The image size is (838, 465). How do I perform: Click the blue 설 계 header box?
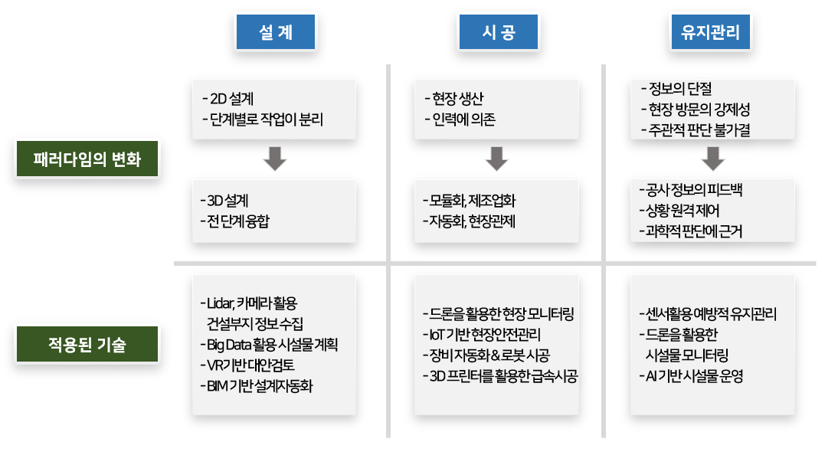pos(275,33)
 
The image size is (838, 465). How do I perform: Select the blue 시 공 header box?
pos(499,33)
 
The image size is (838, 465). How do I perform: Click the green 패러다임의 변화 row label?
pos(87,159)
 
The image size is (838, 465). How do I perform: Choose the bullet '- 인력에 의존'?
pos(460,120)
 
